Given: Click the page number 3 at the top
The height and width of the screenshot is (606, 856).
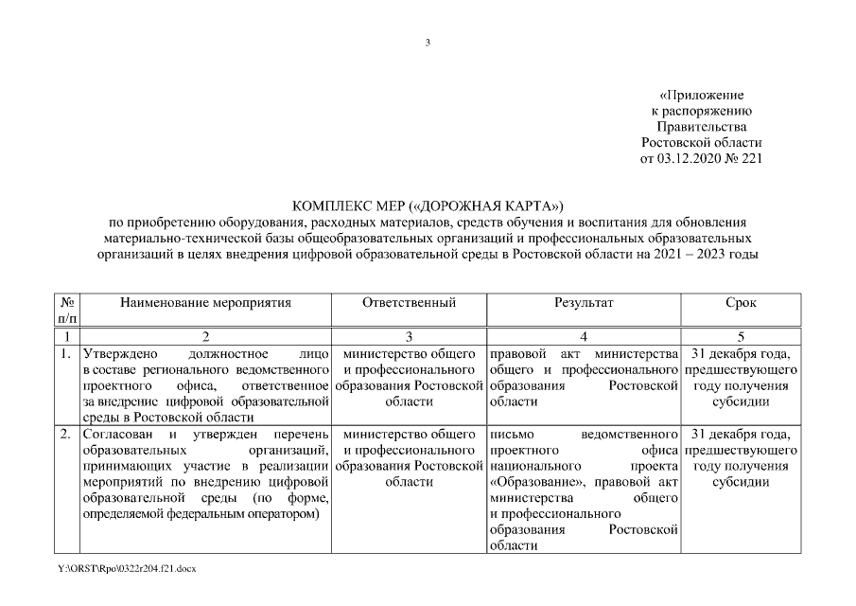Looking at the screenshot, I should [428, 43].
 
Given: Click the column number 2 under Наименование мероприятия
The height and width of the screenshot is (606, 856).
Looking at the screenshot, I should [205, 337].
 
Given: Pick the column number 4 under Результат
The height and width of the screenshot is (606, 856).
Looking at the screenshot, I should [584, 337].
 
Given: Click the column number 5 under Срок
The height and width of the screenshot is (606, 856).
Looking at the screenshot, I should [741, 337].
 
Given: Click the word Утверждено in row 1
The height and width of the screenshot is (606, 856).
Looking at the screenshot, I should [114, 355].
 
